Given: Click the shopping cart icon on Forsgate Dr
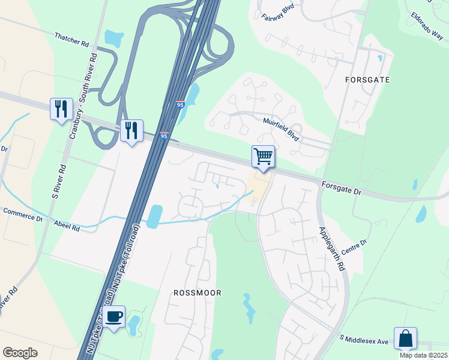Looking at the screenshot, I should tap(263, 157).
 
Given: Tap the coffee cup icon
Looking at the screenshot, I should tap(113, 316).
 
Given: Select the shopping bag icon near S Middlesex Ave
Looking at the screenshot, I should tap(405, 338).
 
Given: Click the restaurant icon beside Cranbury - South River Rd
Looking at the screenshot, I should tap(61, 109).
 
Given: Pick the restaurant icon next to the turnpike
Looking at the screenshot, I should tap(131, 130).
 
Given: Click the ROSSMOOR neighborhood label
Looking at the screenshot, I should tap(197, 293).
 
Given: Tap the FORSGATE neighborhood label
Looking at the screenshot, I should tap(367, 79).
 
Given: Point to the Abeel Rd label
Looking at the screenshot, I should tap(67, 228).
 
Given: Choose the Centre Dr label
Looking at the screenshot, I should tap(354, 245).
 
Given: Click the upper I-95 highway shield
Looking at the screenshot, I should tap(181, 104).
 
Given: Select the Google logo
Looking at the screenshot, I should tap(20, 352).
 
